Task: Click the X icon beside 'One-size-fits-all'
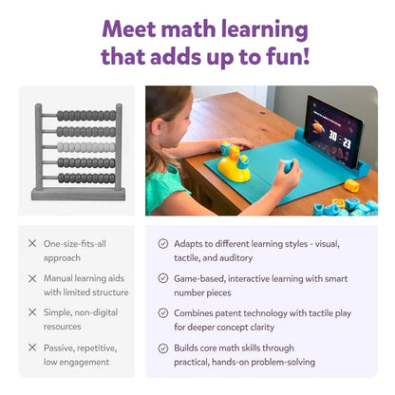pyautogui.click(x=32, y=244)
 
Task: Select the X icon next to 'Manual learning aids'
pyautogui.click(x=32, y=278)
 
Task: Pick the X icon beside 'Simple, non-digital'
pyautogui.click(x=32, y=312)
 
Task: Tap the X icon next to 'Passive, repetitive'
pyautogui.click(x=32, y=347)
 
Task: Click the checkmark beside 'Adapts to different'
pyautogui.click(x=163, y=244)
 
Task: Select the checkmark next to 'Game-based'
pyautogui.click(x=163, y=278)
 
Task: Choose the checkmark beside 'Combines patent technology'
pyautogui.click(x=163, y=312)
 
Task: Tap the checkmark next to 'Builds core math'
pyautogui.click(x=163, y=347)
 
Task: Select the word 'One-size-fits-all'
pyautogui.click(x=75, y=244)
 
